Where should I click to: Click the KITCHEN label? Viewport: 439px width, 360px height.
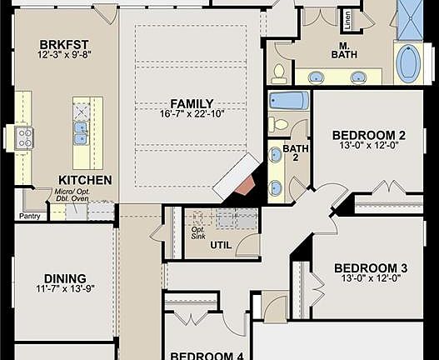[85, 180]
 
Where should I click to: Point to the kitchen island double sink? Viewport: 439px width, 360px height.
[82, 129]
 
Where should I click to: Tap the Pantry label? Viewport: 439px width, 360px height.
[30, 216]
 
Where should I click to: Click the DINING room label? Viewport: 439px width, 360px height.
[64, 278]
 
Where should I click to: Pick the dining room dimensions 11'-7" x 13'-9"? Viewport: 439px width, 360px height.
[64, 290]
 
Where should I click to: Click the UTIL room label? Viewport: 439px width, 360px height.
[221, 245]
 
